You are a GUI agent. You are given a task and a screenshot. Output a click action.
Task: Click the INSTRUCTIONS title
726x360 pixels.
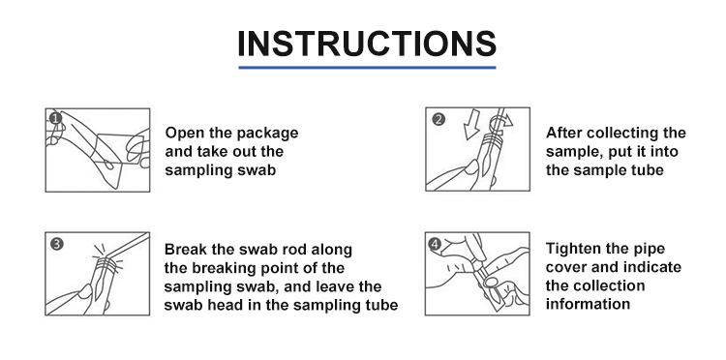tap(367, 44)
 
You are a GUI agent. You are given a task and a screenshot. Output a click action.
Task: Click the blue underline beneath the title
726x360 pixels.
tap(367, 68)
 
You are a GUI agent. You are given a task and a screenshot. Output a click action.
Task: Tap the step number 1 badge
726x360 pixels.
tap(55, 118)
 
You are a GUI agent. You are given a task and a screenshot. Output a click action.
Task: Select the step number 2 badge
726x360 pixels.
tap(438, 119)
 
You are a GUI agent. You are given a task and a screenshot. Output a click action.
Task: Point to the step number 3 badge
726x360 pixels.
tap(56, 244)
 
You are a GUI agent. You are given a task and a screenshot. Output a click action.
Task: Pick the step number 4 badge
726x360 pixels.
tap(435, 244)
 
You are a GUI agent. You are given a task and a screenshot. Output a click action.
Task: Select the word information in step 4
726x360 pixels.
tap(588, 305)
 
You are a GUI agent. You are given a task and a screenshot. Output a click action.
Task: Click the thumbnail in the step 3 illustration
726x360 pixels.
tap(85, 291)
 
